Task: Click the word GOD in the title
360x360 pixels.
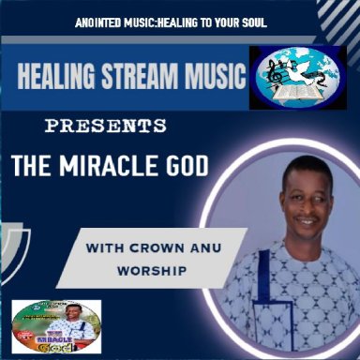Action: pos(186,167)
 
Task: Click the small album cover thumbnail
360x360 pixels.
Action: pos(47,328)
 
